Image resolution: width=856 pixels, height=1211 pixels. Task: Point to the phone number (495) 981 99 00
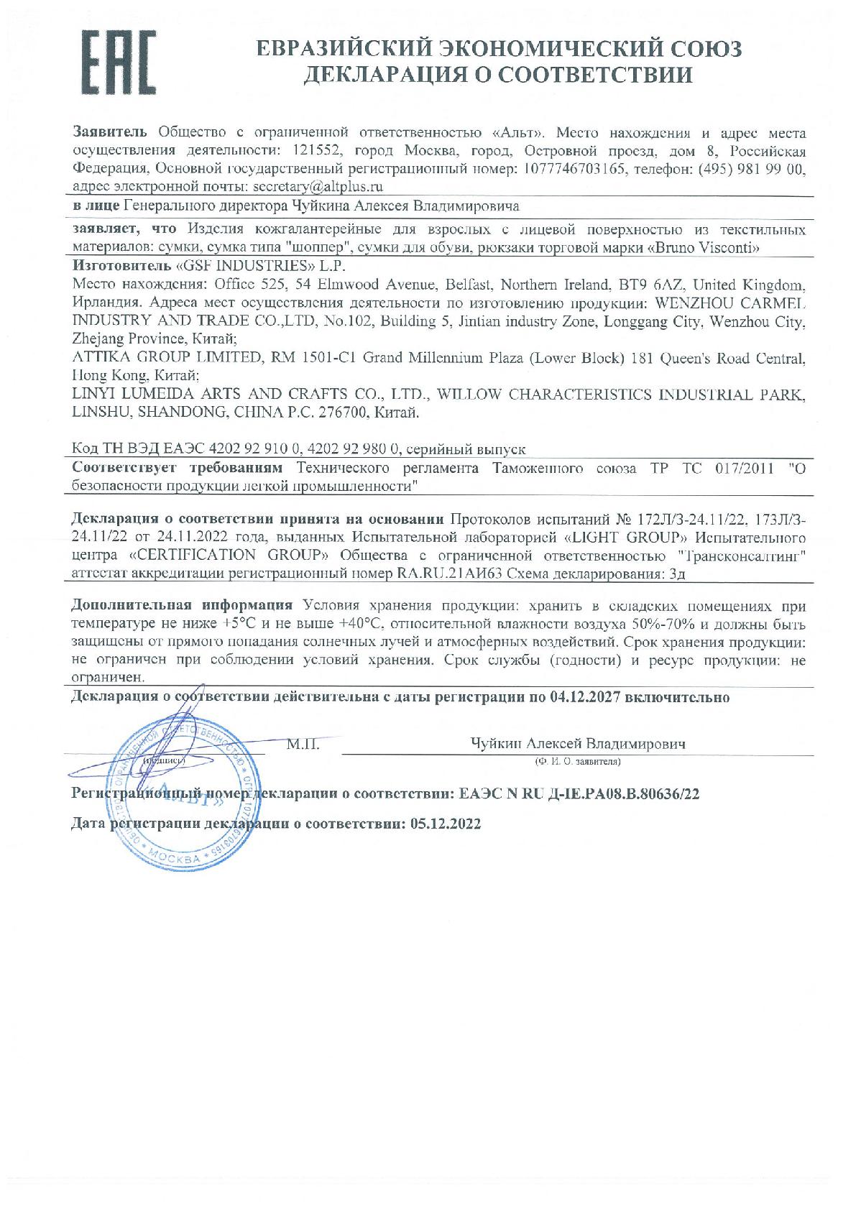753,170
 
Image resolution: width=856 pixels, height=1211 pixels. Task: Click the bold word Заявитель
110,133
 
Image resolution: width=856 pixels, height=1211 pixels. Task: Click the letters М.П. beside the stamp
303,745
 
